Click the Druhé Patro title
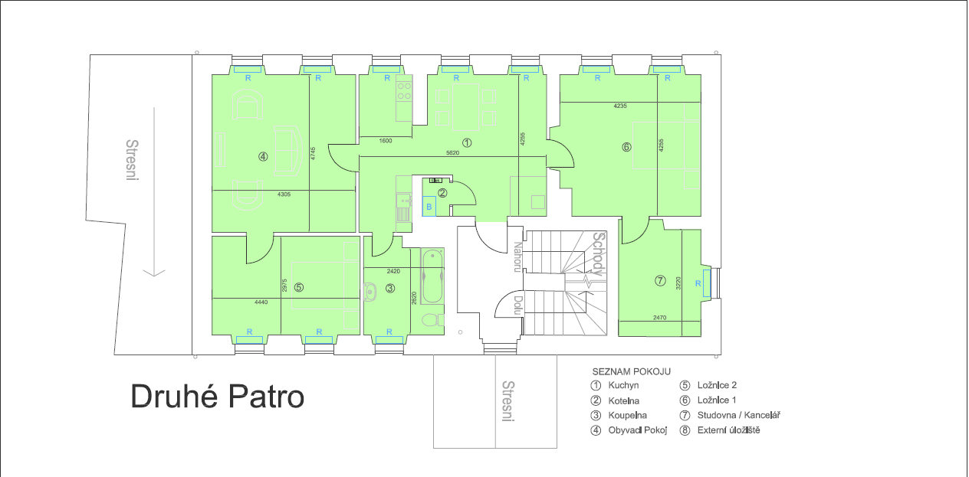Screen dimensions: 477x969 point(217,397)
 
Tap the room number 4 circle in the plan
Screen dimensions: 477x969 point(263,156)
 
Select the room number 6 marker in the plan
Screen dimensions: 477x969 point(626,147)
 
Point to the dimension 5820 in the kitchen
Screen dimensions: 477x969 point(453,153)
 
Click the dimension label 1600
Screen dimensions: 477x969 point(386,141)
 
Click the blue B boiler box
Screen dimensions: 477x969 point(429,207)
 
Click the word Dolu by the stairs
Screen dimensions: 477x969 point(517,307)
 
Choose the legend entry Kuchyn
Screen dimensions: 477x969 point(623,386)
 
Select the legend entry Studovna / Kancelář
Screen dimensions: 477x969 point(738,416)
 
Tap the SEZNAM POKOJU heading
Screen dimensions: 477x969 point(631,371)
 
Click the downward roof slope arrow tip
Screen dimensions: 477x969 point(154,275)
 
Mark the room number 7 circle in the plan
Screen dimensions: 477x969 point(660,281)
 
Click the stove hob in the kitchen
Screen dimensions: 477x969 point(403,92)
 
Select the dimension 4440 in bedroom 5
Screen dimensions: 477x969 point(261,302)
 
